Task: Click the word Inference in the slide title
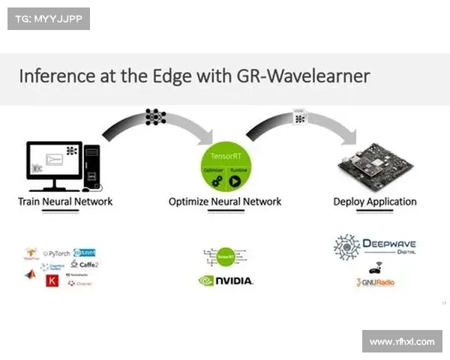point(55,76)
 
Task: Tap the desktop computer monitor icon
point(55,161)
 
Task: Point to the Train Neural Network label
point(65,201)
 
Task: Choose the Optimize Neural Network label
point(225,201)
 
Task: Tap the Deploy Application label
point(375,201)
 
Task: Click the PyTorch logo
point(56,253)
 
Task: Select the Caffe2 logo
point(84,264)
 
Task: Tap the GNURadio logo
point(375,283)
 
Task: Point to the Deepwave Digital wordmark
point(389,245)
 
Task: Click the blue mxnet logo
point(85,253)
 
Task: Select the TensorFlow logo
point(31,253)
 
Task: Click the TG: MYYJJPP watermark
point(48,18)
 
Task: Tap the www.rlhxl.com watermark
point(402,341)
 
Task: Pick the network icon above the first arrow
point(155,117)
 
